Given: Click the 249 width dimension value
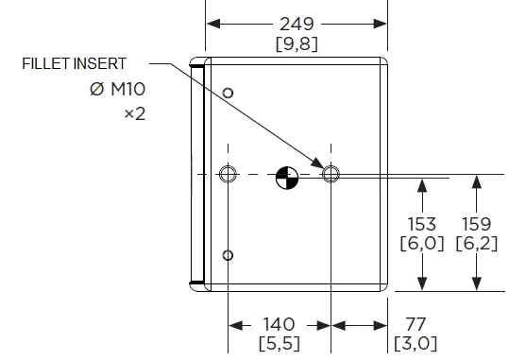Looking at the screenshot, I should (x=297, y=24).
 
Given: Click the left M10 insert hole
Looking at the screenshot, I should (x=227, y=175).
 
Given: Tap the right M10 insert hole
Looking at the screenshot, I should (x=331, y=175).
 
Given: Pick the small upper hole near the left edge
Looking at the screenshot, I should (x=228, y=93).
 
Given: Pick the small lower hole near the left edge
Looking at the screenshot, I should (x=228, y=256).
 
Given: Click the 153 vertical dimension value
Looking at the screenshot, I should (x=422, y=224).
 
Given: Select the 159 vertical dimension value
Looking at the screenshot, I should (x=476, y=224).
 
